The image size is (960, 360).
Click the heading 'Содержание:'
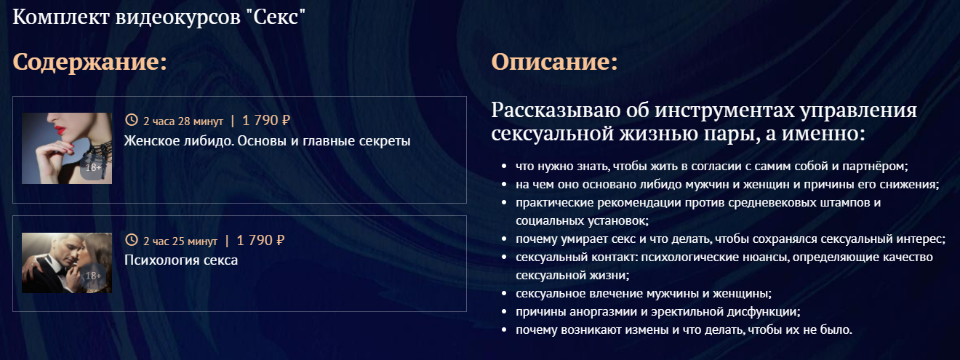point(89,62)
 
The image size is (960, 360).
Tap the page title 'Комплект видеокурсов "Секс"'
point(159,19)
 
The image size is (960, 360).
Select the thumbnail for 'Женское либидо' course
point(66,148)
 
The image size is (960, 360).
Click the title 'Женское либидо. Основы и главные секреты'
point(267,140)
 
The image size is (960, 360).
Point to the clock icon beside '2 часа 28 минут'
point(131,121)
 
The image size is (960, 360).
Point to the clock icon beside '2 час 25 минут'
point(131,241)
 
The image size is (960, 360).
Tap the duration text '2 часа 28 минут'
point(183,121)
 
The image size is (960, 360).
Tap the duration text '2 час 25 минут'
point(180,241)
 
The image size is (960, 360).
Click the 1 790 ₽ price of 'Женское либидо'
point(265,120)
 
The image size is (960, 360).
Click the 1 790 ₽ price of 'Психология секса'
point(260,240)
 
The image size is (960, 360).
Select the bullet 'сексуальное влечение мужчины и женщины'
point(643,293)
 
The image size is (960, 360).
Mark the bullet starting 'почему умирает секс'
point(730,239)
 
